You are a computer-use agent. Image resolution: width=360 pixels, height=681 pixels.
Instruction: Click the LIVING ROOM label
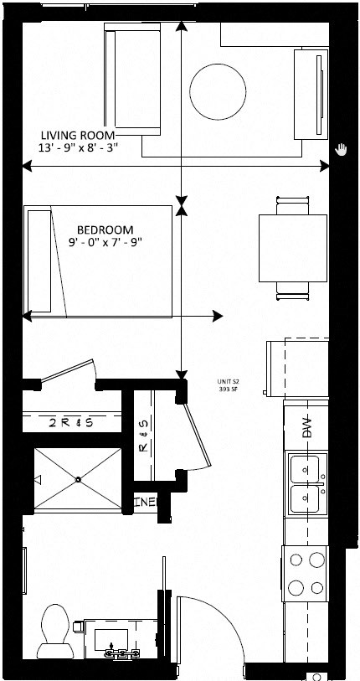point(80,134)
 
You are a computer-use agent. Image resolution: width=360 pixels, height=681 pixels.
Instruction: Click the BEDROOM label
point(105,229)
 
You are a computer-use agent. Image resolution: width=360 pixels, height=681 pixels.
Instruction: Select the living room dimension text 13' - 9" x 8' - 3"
point(80,147)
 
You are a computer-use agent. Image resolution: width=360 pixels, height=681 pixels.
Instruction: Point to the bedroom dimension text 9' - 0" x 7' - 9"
point(105,243)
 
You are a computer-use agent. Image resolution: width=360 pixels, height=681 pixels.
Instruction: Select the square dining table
point(292,248)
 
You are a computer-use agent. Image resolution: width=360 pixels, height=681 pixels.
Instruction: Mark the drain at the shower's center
point(78,479)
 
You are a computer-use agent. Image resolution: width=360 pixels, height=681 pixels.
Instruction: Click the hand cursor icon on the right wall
point(340,149)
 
